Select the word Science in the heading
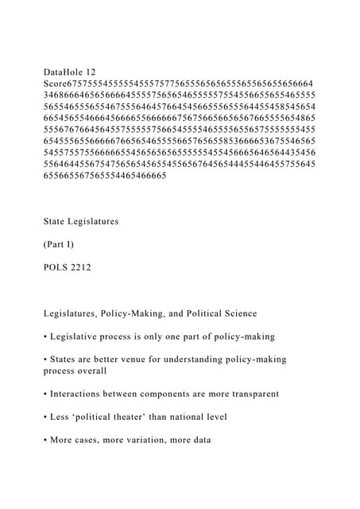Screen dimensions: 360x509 (269, 313)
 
